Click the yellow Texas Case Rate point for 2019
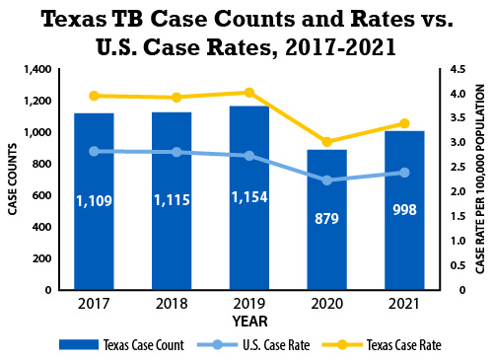coord(249,93)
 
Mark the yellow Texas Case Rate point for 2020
coord(326,142)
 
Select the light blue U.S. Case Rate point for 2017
coord(94,151)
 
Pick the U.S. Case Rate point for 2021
coord(404,173)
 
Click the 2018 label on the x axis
coord(172,303)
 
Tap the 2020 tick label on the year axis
coord(326,303)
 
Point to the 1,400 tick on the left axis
coord(35,69)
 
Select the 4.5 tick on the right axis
coord(455,69)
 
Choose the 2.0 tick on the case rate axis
coord(455,191)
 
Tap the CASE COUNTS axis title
coord(13,180)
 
